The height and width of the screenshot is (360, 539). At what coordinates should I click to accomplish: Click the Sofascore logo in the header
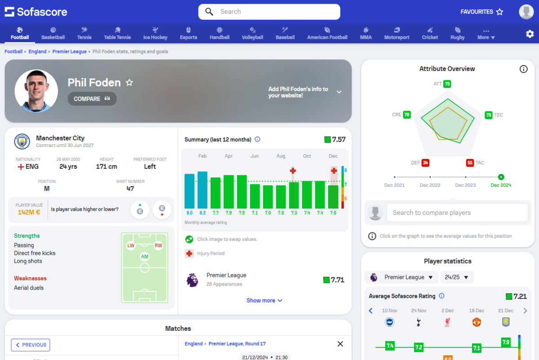pyautogui.click(x=36, y=12)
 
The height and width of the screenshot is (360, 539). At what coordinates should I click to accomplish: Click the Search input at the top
pyautogui.click(x=269, y=12)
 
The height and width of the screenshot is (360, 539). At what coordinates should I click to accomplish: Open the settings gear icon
pyautogui.click(x=530, y=34)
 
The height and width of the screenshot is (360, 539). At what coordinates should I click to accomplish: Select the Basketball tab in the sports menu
pyautogui.click(x=53, y=34)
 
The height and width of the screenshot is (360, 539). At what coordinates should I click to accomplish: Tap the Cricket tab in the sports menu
pyautogui.click(x=430, y=34)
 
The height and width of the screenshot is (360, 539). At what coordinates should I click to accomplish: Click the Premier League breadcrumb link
pyautogui.click(x=69, y=52)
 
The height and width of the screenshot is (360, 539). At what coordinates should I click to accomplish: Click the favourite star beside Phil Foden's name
pyautogui.click(x=129, y=83)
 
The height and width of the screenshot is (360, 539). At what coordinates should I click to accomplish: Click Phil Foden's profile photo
pyautogui.click(x=36, y=91)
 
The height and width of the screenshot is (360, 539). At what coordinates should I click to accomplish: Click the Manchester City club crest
pyautogui.click(x=22, y=142)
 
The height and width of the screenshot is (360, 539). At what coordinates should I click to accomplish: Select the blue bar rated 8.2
pyautogui.click(x=203, y=190)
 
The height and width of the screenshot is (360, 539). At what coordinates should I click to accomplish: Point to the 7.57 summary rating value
pyautogui.click(x=339, y=140)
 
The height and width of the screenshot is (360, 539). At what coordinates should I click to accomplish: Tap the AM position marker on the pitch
pyautogui.click(x=145, y=257)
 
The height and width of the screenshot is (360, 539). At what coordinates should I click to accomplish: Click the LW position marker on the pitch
pyautogui.click(x=131, y=246)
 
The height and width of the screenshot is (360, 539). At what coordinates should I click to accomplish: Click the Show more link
pyautogui.click(x=264, y=301)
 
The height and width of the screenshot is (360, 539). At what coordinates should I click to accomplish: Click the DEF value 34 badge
pyautogui.click(x=425, y=163)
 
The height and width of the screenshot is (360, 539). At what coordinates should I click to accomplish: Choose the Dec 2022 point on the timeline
pyautogui.click(x=430, y=178)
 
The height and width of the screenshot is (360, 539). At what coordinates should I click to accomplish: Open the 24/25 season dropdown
pyautogui.click(x=457, y=277)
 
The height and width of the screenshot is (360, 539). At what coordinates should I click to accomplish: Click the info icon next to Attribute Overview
pyautogui.click(x=523, y=69)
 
